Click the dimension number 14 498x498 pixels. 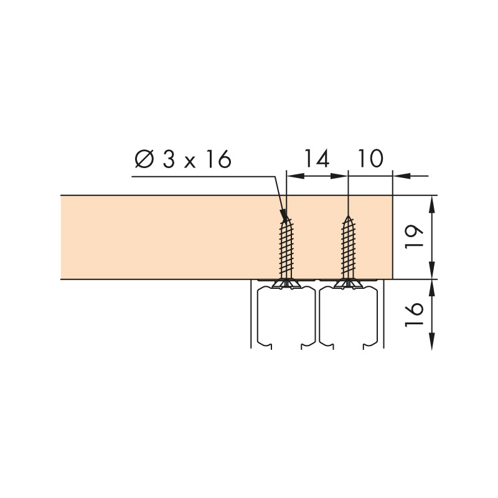(317, 158)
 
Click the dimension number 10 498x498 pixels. (370, 158)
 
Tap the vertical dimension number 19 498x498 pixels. (415, 237)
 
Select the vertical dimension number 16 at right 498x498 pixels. (415, 314)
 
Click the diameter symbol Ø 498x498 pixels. (144, 158)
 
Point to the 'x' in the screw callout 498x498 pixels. (190, 161)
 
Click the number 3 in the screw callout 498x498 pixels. (169, 158)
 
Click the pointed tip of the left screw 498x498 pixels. (286, 216)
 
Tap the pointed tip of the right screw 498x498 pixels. (348, 216)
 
